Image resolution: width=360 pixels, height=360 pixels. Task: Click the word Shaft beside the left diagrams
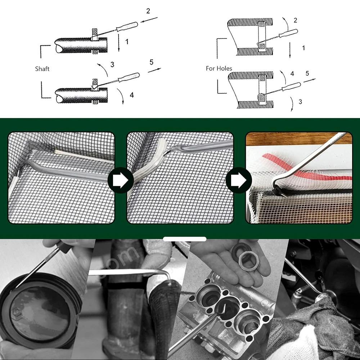42,68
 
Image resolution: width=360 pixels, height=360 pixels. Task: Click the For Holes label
219,68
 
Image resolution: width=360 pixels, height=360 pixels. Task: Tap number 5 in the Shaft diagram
151,62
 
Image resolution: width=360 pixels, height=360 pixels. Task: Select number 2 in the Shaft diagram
148,11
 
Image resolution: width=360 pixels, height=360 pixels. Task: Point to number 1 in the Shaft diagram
127,42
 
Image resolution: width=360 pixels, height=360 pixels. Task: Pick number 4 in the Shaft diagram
132,95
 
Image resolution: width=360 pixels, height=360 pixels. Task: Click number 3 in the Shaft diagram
112,64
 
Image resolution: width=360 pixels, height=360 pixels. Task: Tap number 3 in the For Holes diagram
301,102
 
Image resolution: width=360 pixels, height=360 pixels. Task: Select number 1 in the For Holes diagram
303,48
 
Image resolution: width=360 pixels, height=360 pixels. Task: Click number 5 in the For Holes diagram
307,73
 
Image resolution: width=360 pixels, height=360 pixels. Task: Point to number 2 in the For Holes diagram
296,20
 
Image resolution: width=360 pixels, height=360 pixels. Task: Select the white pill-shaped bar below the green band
184,239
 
